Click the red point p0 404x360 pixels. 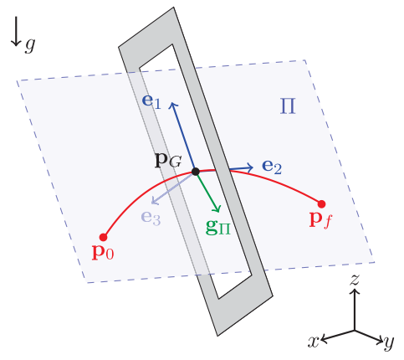point(104,238)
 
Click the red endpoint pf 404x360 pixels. point(321,204)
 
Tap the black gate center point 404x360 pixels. point(196,172)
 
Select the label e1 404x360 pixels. point(151,101)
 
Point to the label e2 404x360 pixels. point(272,167)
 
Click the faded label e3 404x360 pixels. point(151,218)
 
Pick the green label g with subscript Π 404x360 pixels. point(218,228)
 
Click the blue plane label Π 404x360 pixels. point(288,106)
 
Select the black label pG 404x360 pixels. point(168,161)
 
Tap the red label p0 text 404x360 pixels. point(103,253)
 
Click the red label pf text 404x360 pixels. point(321,220)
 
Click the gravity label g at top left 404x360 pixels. point(30,44)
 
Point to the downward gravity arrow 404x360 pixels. point(16,31)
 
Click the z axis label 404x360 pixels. point(355,280)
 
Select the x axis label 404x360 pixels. point(314,341)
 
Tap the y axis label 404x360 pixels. point(389,342)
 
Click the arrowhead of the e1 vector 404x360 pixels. point(173,104)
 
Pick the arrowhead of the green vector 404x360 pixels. point(217,209)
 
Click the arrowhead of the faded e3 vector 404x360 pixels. point(154,201)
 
